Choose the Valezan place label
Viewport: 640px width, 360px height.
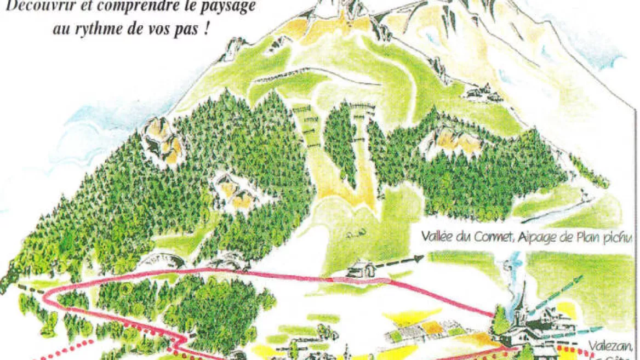pyautogui.click(x=612, y=346)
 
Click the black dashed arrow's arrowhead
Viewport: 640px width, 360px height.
pyautogui.click(x=422, y=257)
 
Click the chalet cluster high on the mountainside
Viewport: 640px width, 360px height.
pyautogui.click(x=482, y=94)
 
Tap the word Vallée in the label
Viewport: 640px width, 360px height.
pyautogui.click(x=439, y=238)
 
